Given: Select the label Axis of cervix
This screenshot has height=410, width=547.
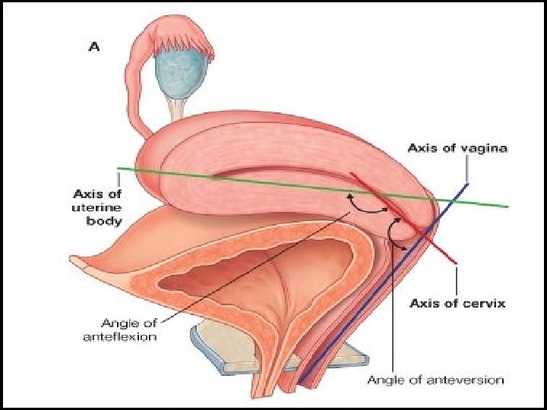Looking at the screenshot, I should (457, 304).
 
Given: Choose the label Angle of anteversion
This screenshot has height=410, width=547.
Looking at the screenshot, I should (435, 378).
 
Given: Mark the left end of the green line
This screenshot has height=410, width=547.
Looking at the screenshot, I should (119, 169).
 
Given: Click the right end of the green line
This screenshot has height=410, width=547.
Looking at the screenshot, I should (507, 206).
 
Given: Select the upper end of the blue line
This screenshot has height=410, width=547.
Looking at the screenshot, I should (466, 183).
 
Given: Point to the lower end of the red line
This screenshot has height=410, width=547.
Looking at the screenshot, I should (455, 263).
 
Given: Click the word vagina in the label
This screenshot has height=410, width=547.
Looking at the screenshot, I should (485, 147).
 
